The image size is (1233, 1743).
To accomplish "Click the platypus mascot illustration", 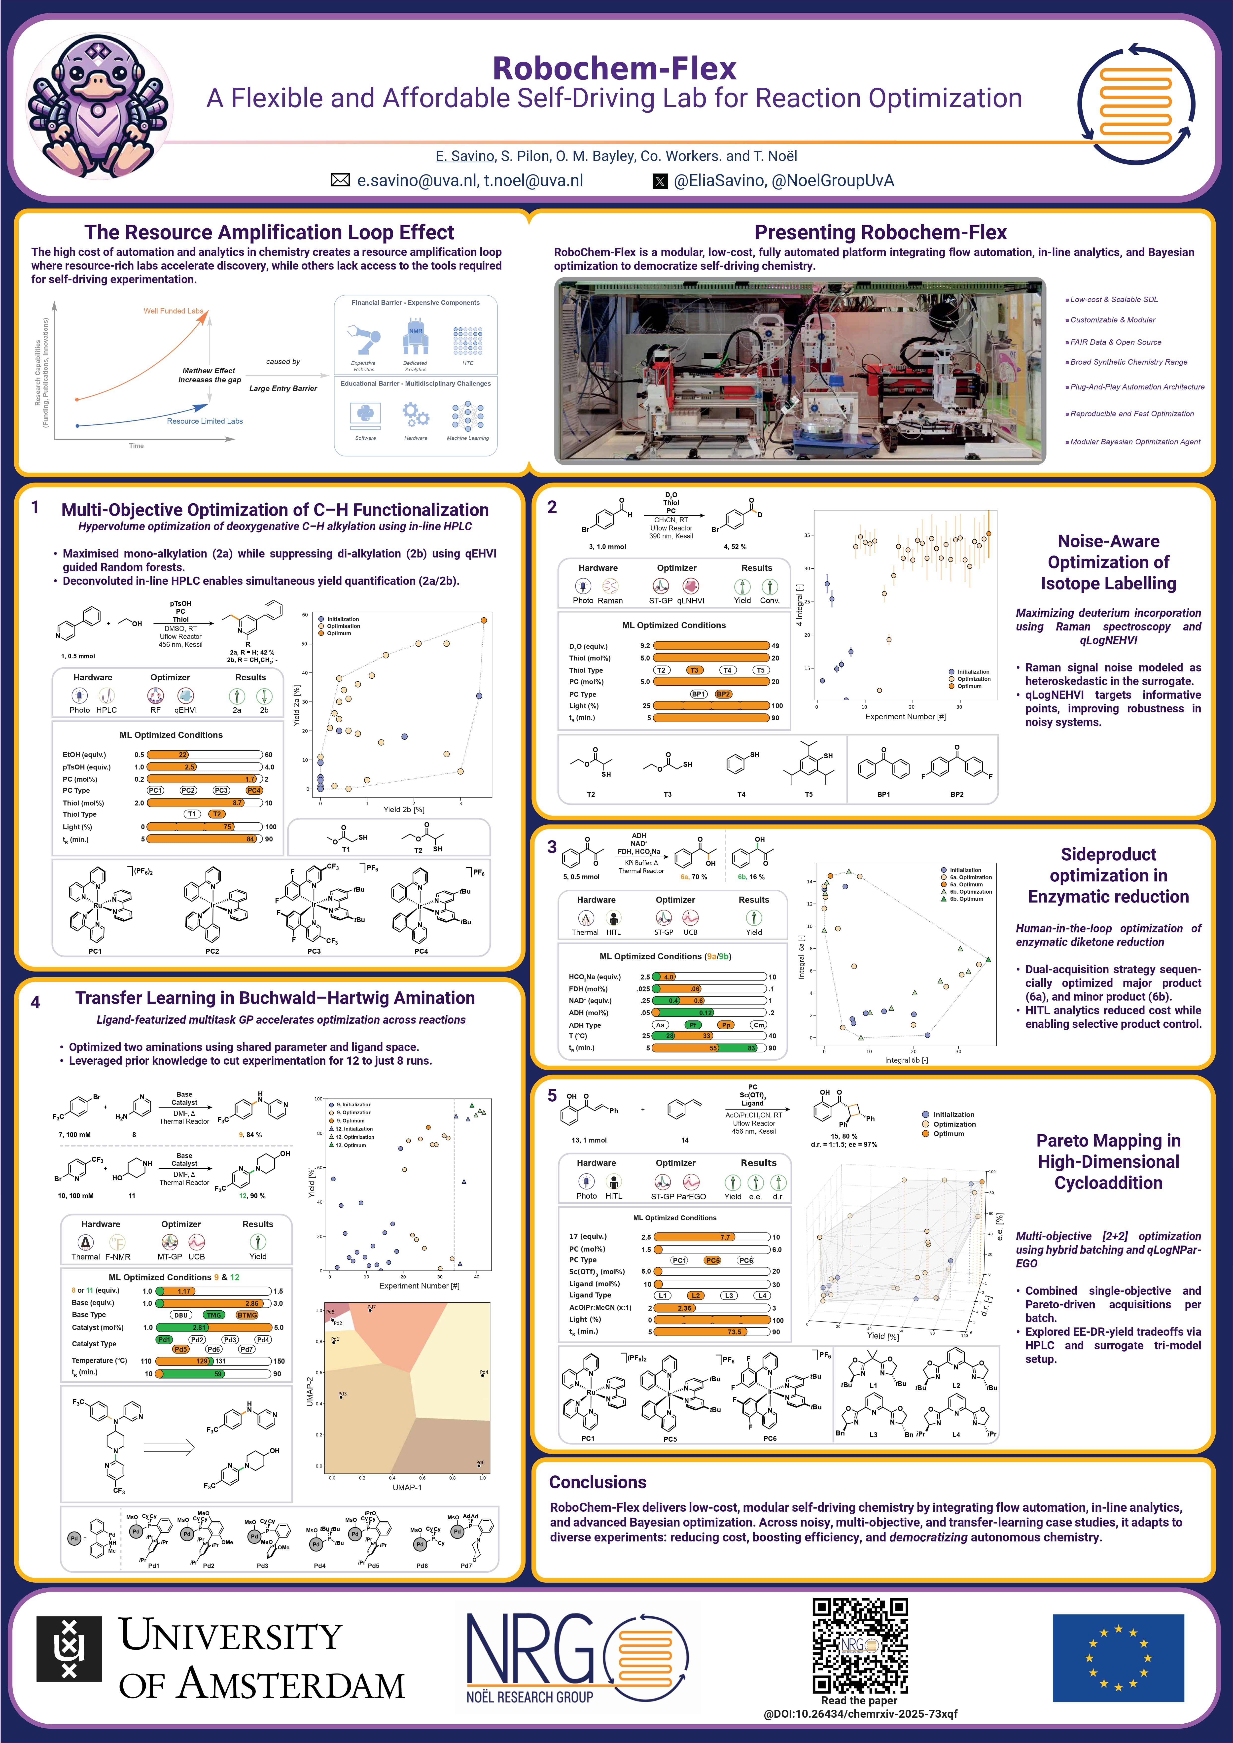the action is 97,106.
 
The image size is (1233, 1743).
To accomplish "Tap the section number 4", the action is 35,1002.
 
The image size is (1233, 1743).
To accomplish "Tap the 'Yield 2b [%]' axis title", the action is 404,809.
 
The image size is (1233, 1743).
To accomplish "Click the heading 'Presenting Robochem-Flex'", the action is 880,232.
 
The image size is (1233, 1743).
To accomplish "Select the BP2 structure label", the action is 957,794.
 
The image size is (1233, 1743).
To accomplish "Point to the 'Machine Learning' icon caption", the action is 468,438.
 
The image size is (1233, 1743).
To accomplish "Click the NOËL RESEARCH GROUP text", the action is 530,1696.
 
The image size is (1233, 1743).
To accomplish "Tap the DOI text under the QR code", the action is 860,1713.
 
